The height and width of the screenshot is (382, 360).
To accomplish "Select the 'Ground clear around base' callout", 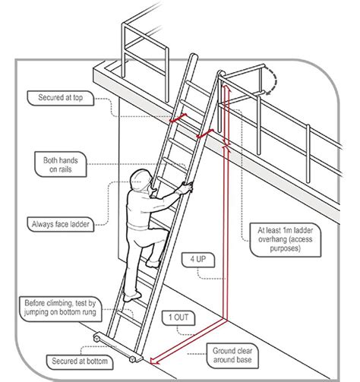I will [x=233, y=355].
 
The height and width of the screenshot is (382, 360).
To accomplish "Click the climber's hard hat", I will [x=138, y=180].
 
